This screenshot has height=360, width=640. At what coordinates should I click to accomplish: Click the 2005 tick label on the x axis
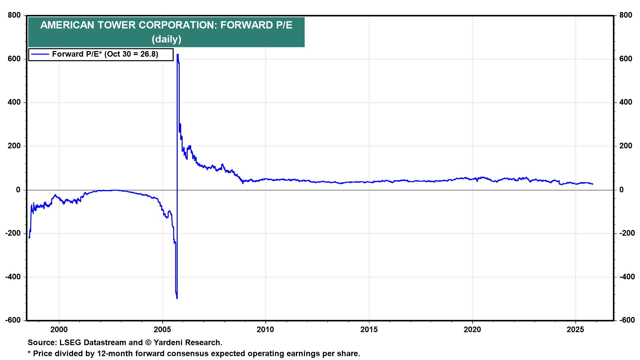click(162, 330)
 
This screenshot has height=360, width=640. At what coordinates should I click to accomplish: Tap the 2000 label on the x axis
click(59, 330)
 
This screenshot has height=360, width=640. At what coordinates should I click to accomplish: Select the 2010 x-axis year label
click(265, 330)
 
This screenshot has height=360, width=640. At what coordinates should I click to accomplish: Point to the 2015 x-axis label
click(369, 330)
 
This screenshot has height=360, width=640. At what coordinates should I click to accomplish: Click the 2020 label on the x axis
click(472, 330)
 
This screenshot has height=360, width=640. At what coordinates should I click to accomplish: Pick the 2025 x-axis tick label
click(576, 330)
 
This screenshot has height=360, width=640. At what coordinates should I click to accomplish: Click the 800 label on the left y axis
click(14, 15)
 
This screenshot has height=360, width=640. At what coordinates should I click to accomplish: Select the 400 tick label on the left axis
click(14, 102)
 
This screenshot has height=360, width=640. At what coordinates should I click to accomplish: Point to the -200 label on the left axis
click(13, 233)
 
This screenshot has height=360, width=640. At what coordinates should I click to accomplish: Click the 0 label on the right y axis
click(621, 190)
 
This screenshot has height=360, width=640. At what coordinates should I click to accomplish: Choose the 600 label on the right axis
click(626, 59)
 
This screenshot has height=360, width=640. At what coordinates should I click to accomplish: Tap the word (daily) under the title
click(166, 39)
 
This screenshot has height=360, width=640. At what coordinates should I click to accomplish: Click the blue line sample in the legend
click(40, 54)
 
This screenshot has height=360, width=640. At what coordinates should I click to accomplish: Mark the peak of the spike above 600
click(178, 54)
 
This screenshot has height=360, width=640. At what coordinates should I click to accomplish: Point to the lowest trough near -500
click(177, 298)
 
